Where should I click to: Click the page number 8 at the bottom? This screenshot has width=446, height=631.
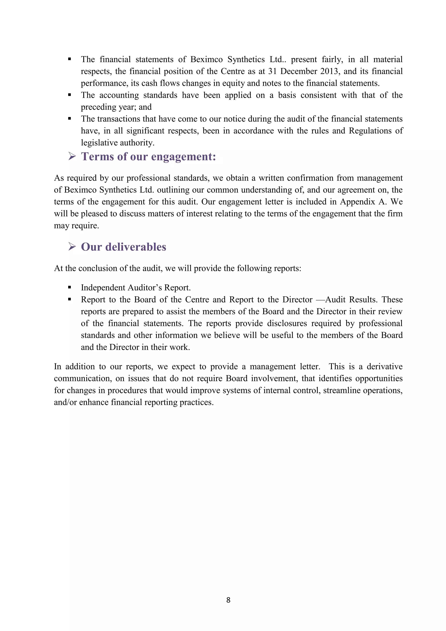coord(228,600)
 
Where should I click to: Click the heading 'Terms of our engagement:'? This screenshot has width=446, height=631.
coord(148,157)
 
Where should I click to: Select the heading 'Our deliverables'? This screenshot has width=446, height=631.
coord(123,247)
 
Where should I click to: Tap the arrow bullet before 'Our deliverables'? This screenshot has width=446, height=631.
coord(72,246)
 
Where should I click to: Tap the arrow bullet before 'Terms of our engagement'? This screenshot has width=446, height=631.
coord(72,156)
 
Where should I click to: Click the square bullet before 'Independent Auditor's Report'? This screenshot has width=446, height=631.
coord(69,287)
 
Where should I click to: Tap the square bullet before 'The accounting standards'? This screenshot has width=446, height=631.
coord(69,95)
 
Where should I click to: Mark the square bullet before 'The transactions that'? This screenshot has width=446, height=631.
coord(69,119)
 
